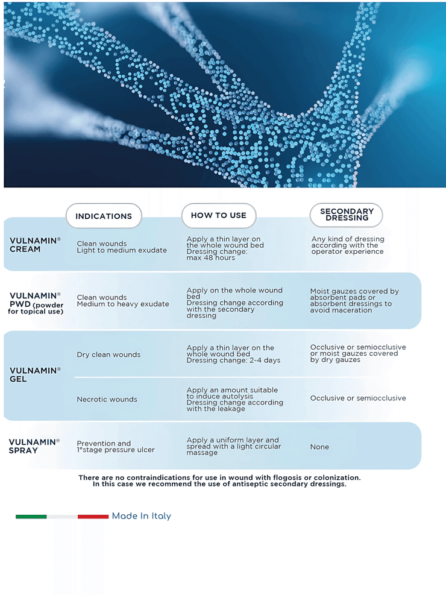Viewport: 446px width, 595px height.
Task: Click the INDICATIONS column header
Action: click(x=104, y=216)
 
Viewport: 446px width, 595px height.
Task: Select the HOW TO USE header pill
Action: click(x=218, y=215)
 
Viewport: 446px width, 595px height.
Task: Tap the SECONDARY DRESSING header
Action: click(x=347, y=215)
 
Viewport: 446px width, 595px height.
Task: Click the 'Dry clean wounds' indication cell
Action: click(x=108, y=354)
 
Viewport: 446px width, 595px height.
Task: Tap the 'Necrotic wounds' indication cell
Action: click(x=107, y=399)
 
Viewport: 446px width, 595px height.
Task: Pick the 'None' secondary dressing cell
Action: click(x=319, y=447)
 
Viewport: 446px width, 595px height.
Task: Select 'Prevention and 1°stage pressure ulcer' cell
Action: click(x=116, y=447)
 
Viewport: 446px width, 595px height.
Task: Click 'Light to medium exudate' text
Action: click(x=122, y=250)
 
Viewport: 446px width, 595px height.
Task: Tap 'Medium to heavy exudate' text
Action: click(x=123, y=304)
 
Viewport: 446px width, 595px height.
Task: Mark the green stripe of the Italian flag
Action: click(x=31, y=517)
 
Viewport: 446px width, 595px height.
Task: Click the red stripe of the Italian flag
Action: click(x=93, y=517)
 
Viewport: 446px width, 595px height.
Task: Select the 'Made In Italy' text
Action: click(x=142, y=516)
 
